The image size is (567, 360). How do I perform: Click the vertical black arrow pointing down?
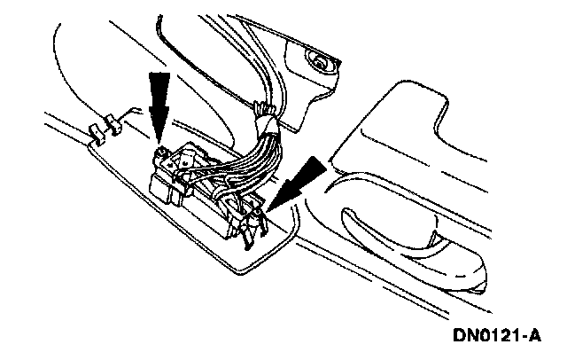[159, 103]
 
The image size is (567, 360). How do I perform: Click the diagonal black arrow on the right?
[297, 178]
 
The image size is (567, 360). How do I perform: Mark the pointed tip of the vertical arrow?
[159, 142]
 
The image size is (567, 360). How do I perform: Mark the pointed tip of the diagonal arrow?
[269, 206]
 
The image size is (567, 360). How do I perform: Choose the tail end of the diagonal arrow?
[321, 157]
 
